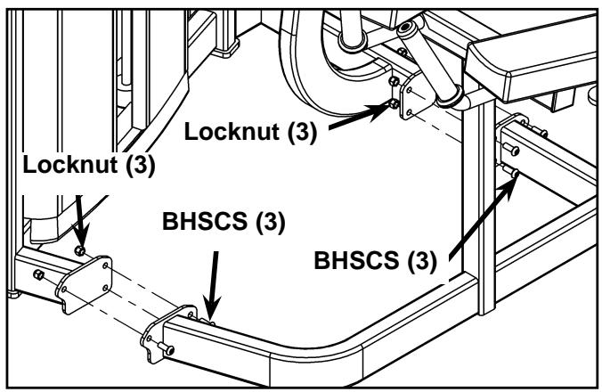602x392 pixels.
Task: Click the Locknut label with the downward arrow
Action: [x=89, y=165]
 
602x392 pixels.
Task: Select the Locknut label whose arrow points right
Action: [x=251, y=132]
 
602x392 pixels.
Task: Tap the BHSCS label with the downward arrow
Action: [x=224, y=222]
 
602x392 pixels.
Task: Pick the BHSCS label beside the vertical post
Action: [x=376, y=260]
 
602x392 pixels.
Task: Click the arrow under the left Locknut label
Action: [x=81, y=222]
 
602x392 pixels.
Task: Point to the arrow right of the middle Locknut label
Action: [x=360, y=117]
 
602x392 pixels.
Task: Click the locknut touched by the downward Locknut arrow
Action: [x=79, y=250]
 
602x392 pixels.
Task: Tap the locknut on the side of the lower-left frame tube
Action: [x=39, y=275]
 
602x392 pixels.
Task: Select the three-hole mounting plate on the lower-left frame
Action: [x=84, y=284]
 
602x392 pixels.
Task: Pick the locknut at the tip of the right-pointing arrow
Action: [x=395, y=103]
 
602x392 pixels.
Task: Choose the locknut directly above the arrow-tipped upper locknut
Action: [x=394, y=81]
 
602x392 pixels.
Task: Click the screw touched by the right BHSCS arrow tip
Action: [x=511, y=171]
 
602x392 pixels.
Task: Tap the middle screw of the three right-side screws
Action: [x=511, y=149]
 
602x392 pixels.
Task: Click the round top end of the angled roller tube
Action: [x=407, y=29]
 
